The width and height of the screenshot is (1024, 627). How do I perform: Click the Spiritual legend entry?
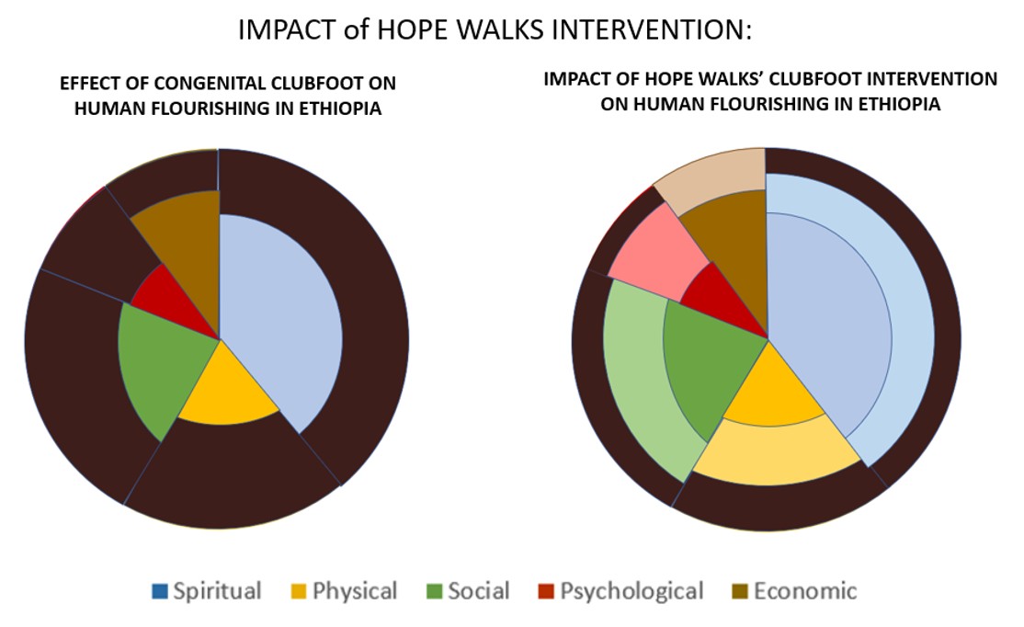tap(207, 591)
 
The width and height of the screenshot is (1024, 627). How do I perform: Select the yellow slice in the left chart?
tap(225, 395)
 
